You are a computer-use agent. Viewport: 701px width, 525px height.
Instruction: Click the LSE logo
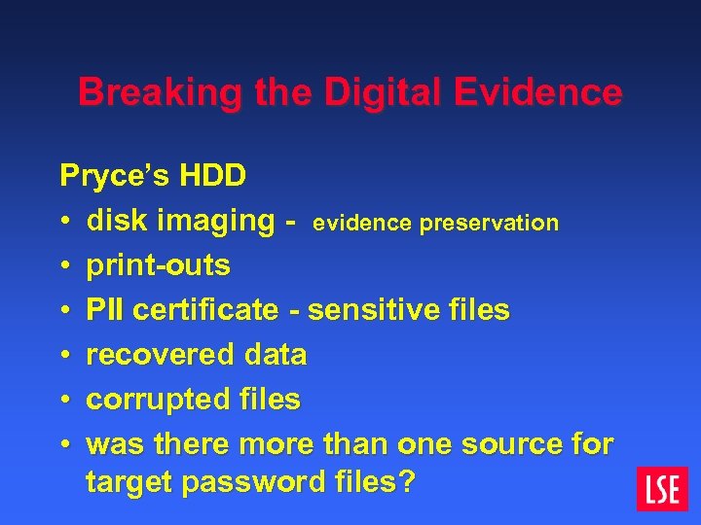pyautogui.click(x=662, y=489)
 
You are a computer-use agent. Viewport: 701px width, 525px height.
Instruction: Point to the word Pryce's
pyautogui.click(x=109, y=176)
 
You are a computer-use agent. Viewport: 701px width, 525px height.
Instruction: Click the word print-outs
pyautogui.click(x=158, y=265)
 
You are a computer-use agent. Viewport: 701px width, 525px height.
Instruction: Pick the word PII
pyautogui.click(x=105, y=310)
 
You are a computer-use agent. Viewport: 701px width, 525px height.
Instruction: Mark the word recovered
pyautogui.click(x=149, y=355)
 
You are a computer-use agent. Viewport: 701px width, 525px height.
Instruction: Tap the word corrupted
pyautogui.click(x=149, y=400)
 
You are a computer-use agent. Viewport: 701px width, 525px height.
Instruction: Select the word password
pyautogui.click(x=245, y=482)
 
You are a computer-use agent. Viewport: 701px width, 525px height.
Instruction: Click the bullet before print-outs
pyautogui.click(x=64, y=265)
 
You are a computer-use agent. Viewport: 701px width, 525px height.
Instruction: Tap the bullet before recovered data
pyautogui.click(x=64, y=355)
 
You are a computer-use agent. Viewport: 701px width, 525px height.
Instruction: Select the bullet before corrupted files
pyautogui.click(x=64, y=400)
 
